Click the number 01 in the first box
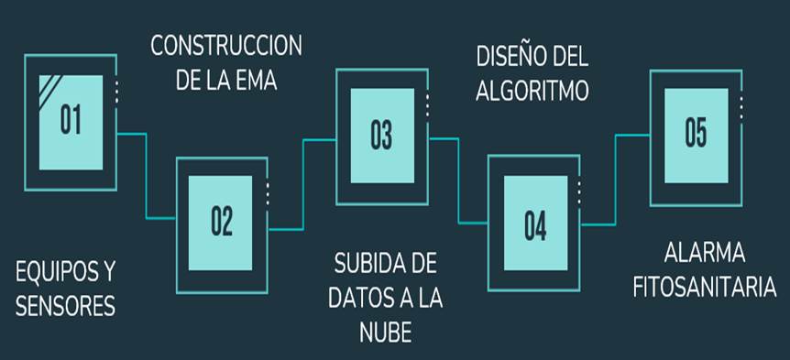pos(70,121)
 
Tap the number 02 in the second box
pos(222,221)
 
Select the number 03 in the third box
pos(381,136)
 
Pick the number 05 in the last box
pos(696,132)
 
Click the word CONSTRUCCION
pos(226,45)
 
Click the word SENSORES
pos(66,306)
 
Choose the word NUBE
pos(385,330)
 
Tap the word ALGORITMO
pos(532,91)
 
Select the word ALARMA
pos(704,252)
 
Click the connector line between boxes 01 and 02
pos(146,174)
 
